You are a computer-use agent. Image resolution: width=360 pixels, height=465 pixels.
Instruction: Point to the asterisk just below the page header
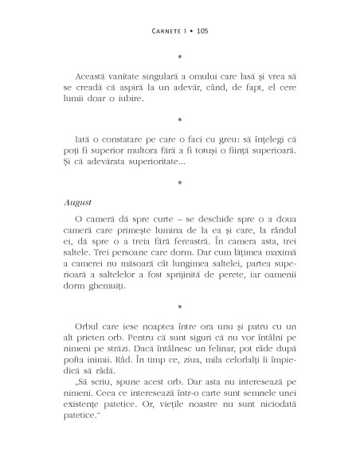pyautogui.click(x=180, y=57)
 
